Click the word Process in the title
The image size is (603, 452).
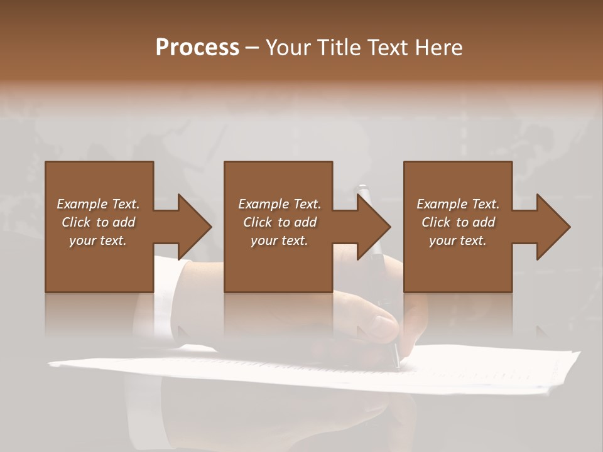(x=197, y=48)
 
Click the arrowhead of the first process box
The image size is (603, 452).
(x=195, y=227)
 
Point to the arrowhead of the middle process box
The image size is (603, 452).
(x=374, y=227)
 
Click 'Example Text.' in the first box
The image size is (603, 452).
(x=98, y=204)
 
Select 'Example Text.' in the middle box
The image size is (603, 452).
(x=280, y=204)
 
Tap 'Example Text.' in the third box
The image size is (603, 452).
(x=458, y=204)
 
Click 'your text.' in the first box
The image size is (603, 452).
(x=98, y=240)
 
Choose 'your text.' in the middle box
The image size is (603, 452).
(x=280, y=240)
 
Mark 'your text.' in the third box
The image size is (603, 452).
(x=458, y=240)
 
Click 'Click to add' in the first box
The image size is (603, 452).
(x=98, y=222)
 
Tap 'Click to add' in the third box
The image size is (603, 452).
(x=458, y=222)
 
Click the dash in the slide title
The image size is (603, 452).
(x=252, y=48)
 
